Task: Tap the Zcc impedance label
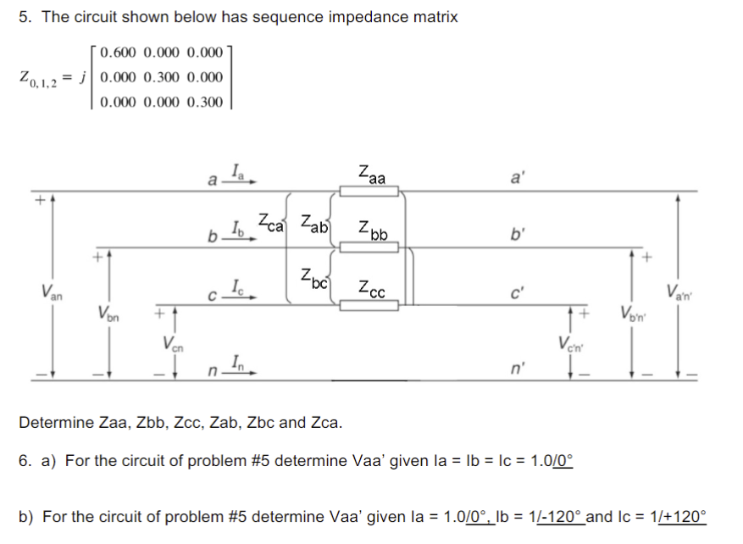click(x=371, y=287)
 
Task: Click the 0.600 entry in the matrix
click(x=119, y=53)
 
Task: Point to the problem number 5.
click(x=25, y=18)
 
